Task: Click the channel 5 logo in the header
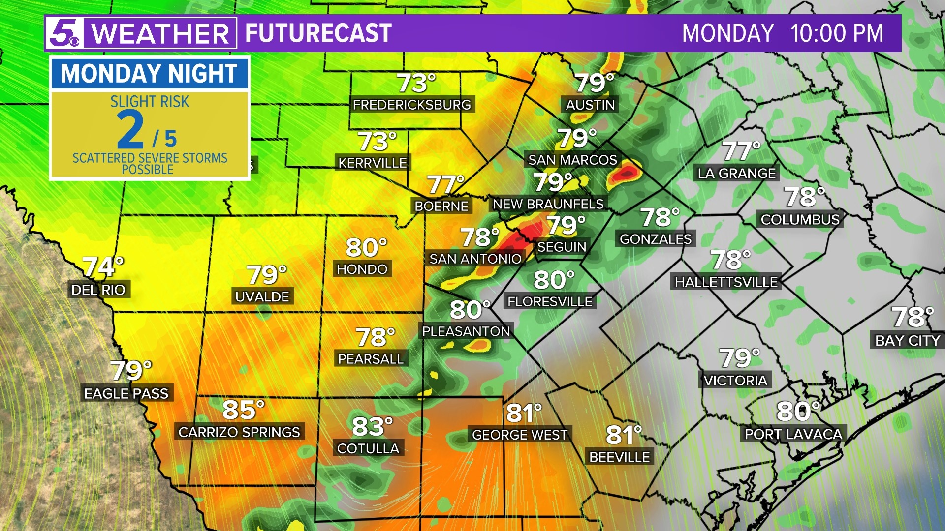pyautogui.click(x=64, y=33)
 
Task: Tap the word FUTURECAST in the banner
pyautogui.click(x=318, y=33)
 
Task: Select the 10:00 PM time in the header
pyautogui.click(x=836, y=33)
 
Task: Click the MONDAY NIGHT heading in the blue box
pyautogui.click(x=149, y=74)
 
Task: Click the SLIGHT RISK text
pyautogui.click(x=150, y=101)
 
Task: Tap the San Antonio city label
pyautogui.click(x=475, y=259)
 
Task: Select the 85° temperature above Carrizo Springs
pyautogui.click(x=243, y=410)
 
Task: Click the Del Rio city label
pyautogui.click(x=98, y=290)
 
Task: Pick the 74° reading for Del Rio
pyautogui.click(x=102, y=267)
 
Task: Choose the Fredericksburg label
pyautogui.click(x=412, y=105)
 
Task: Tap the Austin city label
pyautogui.click(x=590, y=105)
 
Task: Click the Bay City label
pyautogui.click(x=907, y=340)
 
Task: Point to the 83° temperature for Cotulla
pyautogui.click(x=372, y=426)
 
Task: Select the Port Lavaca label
pyautogui.click(x=793, y=434)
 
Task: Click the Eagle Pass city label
pyautogui.click(x=126, y=393)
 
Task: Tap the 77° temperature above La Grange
pyautogui.click(x=741, y=151)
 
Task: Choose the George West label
pyautogui.click(x=520, y=435)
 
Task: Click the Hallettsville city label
pyautogui.click(x=726, y=282)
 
